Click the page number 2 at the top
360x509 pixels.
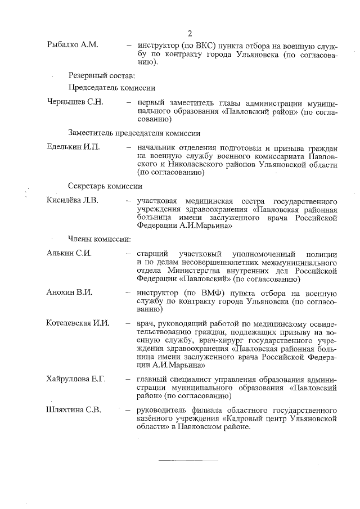pyautogui.click(x=190, y=33)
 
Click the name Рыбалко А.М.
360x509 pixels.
pyautogui.click(x=73, y=44)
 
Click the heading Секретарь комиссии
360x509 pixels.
pyautogui.click(x=105, y=186)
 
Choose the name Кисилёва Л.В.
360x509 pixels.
pyautogui.click(x=73, y=200)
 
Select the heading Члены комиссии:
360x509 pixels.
pyautogui.click(x=100, y=238)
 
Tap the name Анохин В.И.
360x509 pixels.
pyautogui.click(x=69, y=292)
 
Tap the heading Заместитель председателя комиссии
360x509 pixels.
pyautogui.click(x=134, y=133)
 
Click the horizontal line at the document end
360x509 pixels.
pyautogui.click(x=188, y=460)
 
